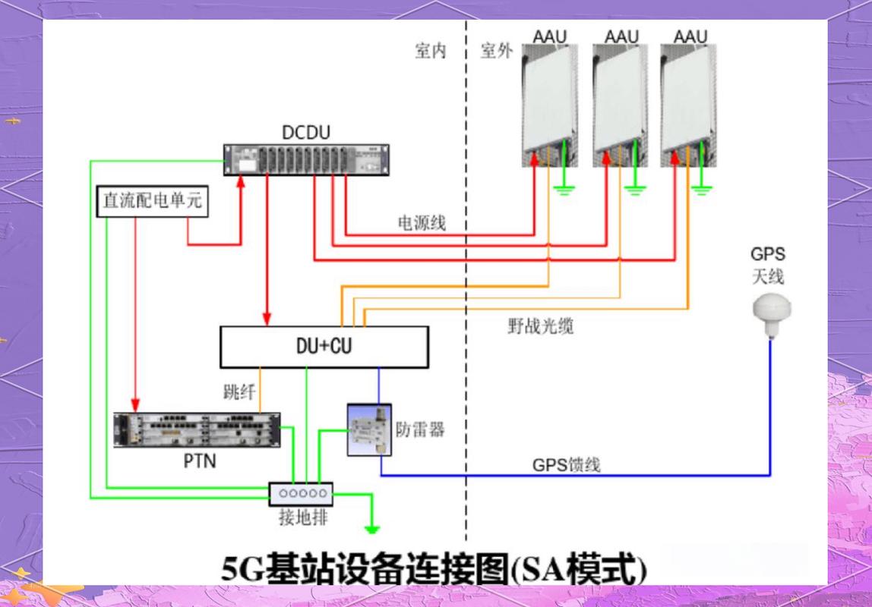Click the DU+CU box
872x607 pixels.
tap(324, 347)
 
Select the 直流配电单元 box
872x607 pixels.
tap(153, 201)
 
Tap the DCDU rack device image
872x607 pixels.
tap(306, 160)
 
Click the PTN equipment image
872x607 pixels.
tap(197, 430)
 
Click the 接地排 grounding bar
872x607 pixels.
tap(301, 494)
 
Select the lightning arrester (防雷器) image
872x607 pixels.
tap(369, 430)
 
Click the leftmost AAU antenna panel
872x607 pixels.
tap(549, 105)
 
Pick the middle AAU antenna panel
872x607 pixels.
tap(620, 105)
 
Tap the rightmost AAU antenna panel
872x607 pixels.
tap(688, 105)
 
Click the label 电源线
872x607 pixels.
tap(422, 223)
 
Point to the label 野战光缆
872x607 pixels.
tap(541, 326)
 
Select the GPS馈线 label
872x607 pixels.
tap(566, 464)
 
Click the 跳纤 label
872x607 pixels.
tap(239, 392)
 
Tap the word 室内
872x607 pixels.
tap(431, 51)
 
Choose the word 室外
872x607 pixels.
tap(497, 51)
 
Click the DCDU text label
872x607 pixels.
tap(306, 132)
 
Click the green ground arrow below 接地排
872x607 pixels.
tap(372, 530)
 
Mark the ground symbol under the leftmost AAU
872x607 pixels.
tap(564, 191)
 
